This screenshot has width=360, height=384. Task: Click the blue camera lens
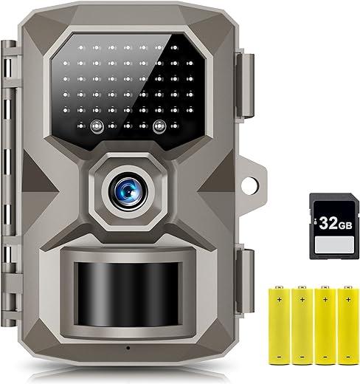[128, 192]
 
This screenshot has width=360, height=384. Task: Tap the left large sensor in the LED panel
[97, 126]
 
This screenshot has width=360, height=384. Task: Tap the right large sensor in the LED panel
[159, 126]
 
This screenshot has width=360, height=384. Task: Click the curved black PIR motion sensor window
[128, 294]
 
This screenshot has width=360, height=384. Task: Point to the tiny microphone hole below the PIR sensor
[128, 348]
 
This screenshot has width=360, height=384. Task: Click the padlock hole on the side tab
[250, 185]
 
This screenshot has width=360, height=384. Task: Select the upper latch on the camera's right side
[245, 85]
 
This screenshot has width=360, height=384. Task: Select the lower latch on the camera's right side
[245, 281]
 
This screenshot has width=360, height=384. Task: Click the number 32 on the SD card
[328, 223]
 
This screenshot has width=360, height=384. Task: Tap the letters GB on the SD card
[345, 225]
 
